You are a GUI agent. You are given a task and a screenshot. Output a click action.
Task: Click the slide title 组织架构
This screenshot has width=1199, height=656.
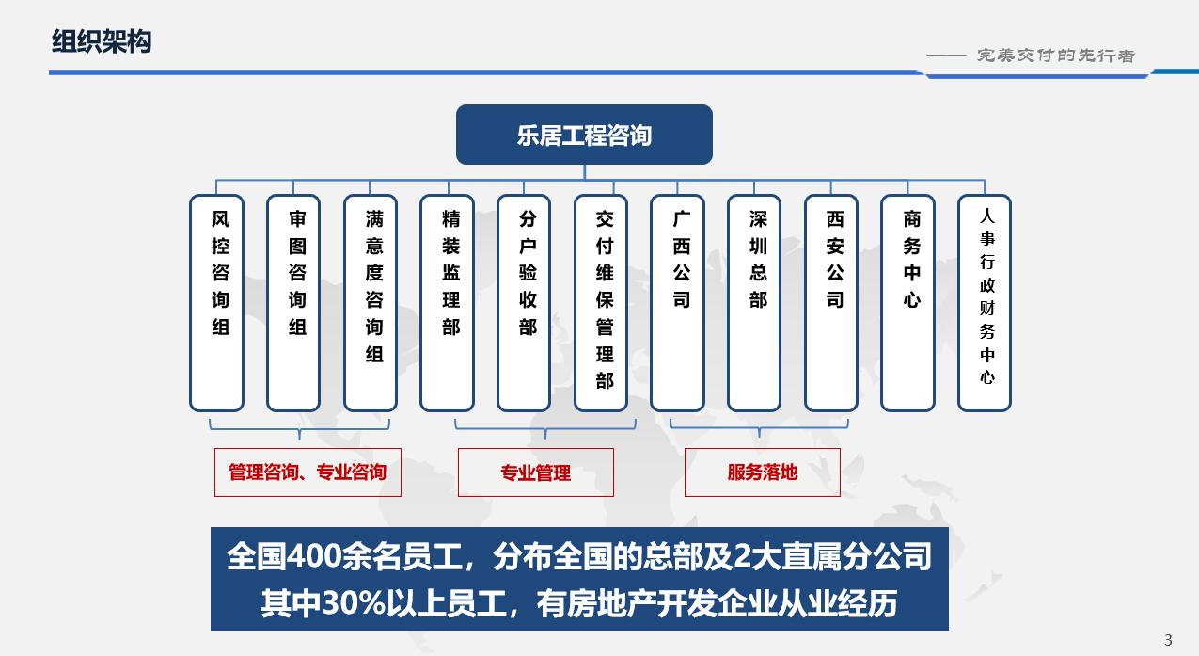tap(101, 42)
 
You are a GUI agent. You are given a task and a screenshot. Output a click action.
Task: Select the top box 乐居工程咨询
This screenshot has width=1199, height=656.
tap(584, 136)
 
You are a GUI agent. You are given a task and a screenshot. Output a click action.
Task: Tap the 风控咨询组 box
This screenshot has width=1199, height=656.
tap(217, 303)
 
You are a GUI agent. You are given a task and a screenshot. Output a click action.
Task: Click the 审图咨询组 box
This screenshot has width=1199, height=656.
tap(294, 303)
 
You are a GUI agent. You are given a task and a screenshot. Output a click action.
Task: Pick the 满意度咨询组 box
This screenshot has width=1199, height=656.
tap(371, 303)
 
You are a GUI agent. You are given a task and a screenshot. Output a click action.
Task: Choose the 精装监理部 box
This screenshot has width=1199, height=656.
tap(448, 303)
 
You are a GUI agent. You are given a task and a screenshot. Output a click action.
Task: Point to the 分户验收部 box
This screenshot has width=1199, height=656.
tap(525, 303)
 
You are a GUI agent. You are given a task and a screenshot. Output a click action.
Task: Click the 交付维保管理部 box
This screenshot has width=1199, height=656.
tap(602, 303)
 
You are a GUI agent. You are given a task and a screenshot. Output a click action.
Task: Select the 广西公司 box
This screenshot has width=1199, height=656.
tap(678, 303)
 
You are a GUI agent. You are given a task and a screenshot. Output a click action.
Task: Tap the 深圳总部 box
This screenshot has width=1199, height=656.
tap(755, 303)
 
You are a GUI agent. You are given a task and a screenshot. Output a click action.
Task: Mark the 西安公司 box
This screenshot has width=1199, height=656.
tap(832, 303)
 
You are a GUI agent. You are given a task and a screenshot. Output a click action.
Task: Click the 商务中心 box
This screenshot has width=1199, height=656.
tap(908, 303)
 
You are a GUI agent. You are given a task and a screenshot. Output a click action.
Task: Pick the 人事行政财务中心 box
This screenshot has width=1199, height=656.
tap(986, 303)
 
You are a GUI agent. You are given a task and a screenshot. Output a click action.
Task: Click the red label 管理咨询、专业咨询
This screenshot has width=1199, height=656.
tap(308, 472)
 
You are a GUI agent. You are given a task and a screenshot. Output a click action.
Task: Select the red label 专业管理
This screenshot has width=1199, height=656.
tap(536, 472)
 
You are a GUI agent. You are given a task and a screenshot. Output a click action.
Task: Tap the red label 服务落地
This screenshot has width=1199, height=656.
tap(763, 472)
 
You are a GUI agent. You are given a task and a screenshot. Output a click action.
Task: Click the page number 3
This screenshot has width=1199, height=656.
tap(1169, 641)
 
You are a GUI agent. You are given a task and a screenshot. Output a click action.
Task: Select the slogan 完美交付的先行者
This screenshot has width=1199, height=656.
tap(1055, 56)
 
